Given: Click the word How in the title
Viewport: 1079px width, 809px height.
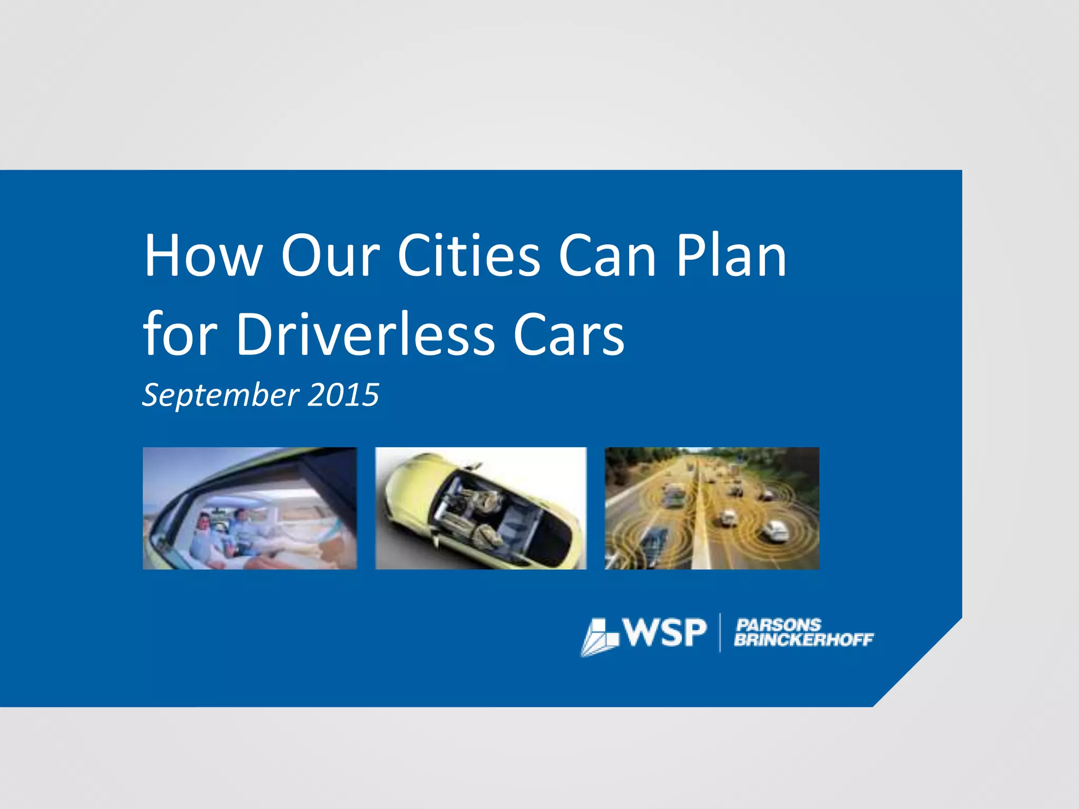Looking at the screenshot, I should [203, 256].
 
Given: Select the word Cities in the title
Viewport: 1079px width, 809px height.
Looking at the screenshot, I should [469, 256].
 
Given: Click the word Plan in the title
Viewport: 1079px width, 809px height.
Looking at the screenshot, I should [731, 256].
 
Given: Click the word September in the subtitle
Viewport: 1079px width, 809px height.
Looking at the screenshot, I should [221, 395].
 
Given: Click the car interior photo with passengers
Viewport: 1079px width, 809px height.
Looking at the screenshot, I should [250, 508].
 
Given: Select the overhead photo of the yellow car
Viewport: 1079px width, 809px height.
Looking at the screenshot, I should [480, 508].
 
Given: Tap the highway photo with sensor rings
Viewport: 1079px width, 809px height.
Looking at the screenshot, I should [712, 508].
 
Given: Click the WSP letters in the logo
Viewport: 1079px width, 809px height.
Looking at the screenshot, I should [665, 633].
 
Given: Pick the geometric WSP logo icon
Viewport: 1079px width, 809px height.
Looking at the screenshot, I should [600, 637].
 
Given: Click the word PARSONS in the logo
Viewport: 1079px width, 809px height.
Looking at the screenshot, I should [778, 625].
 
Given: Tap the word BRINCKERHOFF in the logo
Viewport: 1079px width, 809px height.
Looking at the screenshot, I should [804, 639].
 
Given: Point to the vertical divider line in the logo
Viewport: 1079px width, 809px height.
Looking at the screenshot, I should [720, 633].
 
